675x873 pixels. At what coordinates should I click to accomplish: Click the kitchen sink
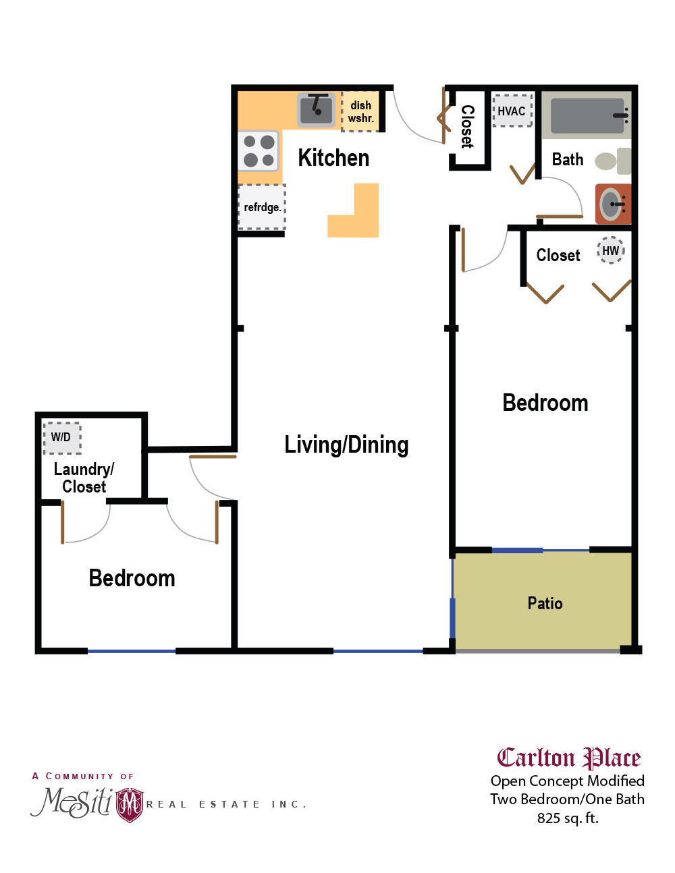point(317,109)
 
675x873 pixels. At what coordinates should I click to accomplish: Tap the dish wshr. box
point(360,111)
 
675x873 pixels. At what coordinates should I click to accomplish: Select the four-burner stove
point(259,150)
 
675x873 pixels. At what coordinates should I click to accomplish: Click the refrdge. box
point(262,207)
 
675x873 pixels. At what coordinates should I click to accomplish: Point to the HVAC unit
point(512,111)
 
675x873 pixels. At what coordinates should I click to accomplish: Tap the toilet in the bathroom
point(612,161)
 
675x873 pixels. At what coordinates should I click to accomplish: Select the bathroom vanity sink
point(612,204)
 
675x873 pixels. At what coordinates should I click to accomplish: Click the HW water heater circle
point(610,250)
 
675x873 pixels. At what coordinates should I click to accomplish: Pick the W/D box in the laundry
point(61,437)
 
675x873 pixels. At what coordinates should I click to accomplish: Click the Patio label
point(545,603)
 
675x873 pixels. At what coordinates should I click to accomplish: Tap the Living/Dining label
point(346,445)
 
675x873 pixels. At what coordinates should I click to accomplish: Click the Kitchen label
point(333,158)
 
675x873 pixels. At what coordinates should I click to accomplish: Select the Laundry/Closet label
point(84,478)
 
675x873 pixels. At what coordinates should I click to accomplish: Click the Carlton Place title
point(568,758)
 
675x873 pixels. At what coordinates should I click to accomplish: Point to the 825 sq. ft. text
point(568,818)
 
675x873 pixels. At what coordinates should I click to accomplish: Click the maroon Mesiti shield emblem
point(130,804)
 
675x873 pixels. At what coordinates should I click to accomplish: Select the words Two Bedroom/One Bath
point(567,799)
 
